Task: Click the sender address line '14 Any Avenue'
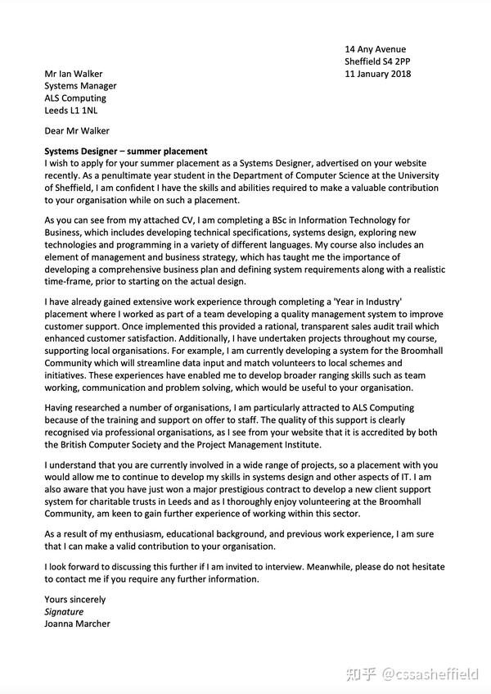(x=375, y=49)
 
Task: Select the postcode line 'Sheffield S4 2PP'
(x=377, y=61)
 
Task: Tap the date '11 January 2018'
(x=377, y=74)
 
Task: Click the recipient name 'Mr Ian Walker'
(x=74, y=74)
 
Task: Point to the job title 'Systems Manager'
(x=80, y=86)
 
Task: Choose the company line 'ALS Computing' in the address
(x=76, y=98)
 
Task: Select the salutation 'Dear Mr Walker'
(x=77, y=130)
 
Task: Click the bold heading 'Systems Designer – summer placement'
(x=126, y=151)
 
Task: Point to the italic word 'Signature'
(x=64, y=611)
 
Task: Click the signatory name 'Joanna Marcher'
(x=78, y=624)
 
